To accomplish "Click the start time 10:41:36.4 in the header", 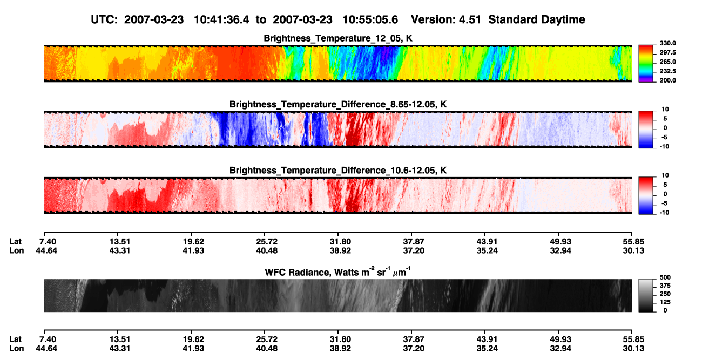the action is [221, 20].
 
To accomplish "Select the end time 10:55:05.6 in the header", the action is [370, 20].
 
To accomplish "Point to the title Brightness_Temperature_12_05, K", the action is [338, 38].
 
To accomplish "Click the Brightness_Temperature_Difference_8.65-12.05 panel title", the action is [338, 104].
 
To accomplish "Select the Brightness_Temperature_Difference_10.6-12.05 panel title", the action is [338, 171].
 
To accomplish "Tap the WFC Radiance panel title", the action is [338, 271].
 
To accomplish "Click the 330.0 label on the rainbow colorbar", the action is [667, 43].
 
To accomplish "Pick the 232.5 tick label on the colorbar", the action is [667, 71].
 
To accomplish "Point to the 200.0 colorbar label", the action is [667, 80].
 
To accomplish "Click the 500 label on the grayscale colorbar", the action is [665, 277].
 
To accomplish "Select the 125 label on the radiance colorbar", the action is [665, 302].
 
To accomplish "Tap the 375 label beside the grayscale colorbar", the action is [665, 286].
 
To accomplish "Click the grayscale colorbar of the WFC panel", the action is [646, 295].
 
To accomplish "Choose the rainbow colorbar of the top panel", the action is [646, 64].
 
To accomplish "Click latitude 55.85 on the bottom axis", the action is [633, 339].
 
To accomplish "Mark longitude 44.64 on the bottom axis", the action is [46, 349].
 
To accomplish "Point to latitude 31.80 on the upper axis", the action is [340, 242].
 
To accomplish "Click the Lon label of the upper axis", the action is [16, 250].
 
